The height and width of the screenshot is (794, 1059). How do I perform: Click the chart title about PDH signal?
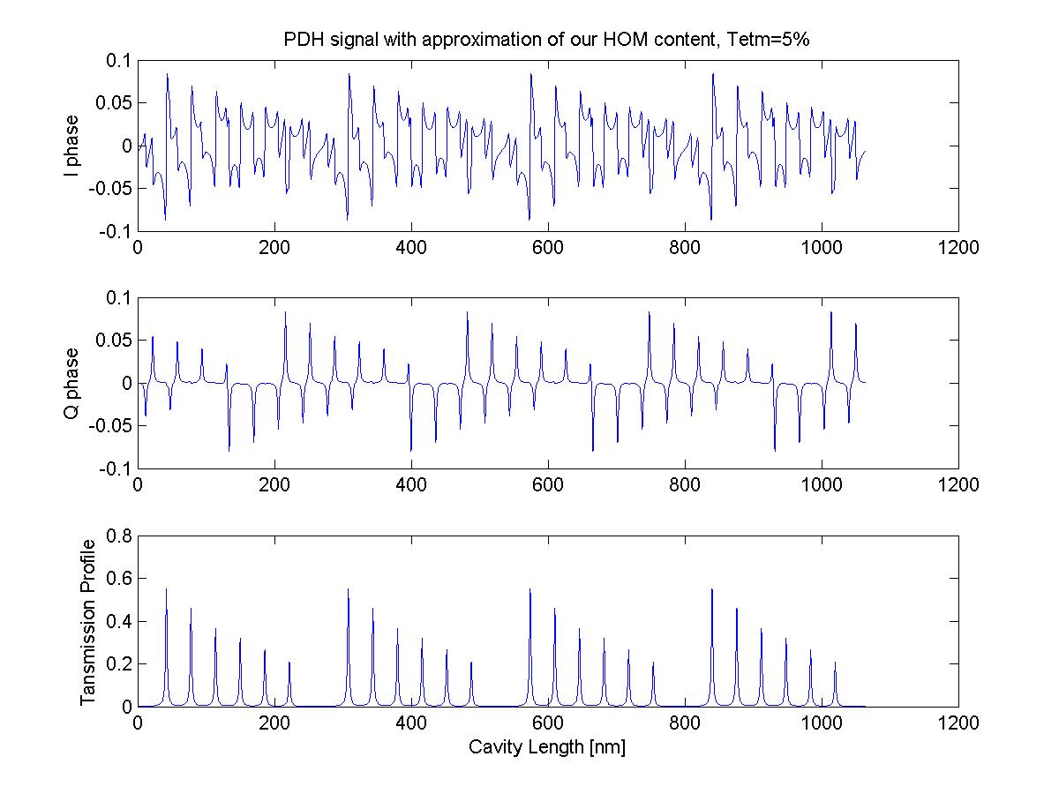point(552,41)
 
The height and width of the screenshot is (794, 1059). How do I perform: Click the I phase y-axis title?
point(72,146)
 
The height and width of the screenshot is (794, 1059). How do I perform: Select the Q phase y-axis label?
point(72,383)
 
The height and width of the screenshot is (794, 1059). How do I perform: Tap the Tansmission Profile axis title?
point(86,620)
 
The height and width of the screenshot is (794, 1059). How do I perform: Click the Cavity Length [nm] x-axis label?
point(547,747)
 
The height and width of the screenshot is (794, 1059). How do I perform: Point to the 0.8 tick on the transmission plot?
point(119,536)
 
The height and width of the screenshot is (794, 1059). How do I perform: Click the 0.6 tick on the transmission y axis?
point(119,579)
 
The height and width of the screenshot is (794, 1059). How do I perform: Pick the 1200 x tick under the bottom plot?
point(958,722)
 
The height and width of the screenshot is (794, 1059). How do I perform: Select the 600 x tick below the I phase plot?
point(548,248)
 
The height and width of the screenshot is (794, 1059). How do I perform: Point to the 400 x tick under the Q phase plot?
point(411,485)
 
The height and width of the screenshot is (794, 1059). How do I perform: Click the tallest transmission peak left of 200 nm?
point(166,589)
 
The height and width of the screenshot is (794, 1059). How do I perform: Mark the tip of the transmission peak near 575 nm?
point(530,589)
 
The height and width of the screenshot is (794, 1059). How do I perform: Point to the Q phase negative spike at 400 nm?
point(410,450)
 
